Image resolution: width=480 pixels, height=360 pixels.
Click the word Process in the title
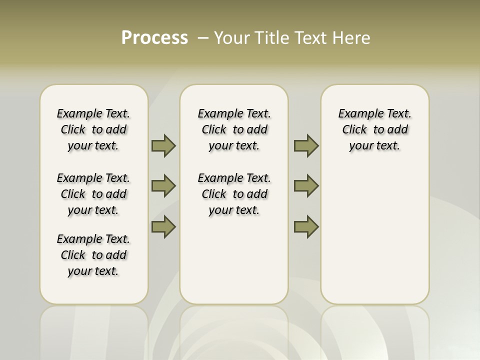pos(154,38)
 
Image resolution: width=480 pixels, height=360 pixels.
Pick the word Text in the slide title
pos(312,38)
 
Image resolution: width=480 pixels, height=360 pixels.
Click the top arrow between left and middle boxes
pos(163,146)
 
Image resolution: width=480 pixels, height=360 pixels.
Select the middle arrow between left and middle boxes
pos(163,186)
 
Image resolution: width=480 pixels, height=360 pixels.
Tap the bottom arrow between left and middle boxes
pos(163,226)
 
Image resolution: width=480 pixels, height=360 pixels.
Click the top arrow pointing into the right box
pos(306,146)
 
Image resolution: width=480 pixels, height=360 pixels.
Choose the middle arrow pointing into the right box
pos(306,186)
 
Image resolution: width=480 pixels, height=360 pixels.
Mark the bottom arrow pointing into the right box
pos(306,226)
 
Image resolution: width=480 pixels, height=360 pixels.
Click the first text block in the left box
pos(93,129)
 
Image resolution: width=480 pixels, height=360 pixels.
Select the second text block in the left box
pos(93,194)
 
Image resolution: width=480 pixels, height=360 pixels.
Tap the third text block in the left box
pos(93,255)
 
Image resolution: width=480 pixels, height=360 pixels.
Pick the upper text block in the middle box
pos(234,129)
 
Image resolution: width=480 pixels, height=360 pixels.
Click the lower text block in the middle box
pos(234,194)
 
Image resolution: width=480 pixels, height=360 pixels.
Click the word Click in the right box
pos(354,130)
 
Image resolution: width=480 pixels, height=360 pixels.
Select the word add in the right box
pos(398,130)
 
